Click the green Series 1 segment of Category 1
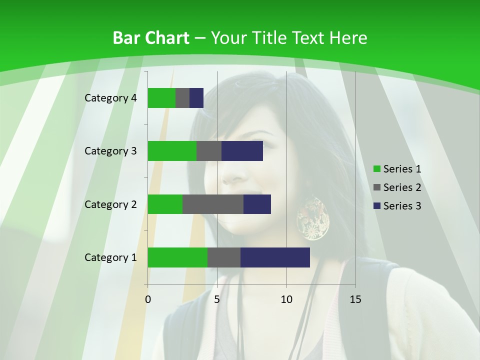click(x=177, y=257)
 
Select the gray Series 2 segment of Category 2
click(x=213, y=204)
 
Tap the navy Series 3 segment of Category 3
click(x=242, y=151)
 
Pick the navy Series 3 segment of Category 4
click(x=196, y=98)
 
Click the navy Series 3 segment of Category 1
click(x=275, y=257)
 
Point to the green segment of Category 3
click(x=172, y=151)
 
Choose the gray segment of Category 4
click(x=182, y=98)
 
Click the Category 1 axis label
click(x=110, y=257)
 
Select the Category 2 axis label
click(x=110, y=204)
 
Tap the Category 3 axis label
click(x=110, y=151)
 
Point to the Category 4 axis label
click(x=110, y=98)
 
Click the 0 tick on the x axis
click(x=148, y=299)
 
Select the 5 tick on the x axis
click(x=217, y=299)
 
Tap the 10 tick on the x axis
click(x=286, y=299)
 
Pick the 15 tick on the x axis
click(x=355, y=299)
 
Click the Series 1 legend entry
click(x=397, y=169)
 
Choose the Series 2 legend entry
click(x=397, y=187)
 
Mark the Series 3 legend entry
click(x=397, y=206)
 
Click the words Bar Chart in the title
click(x=151, y=38)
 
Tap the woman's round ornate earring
click(x=313, y=218)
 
